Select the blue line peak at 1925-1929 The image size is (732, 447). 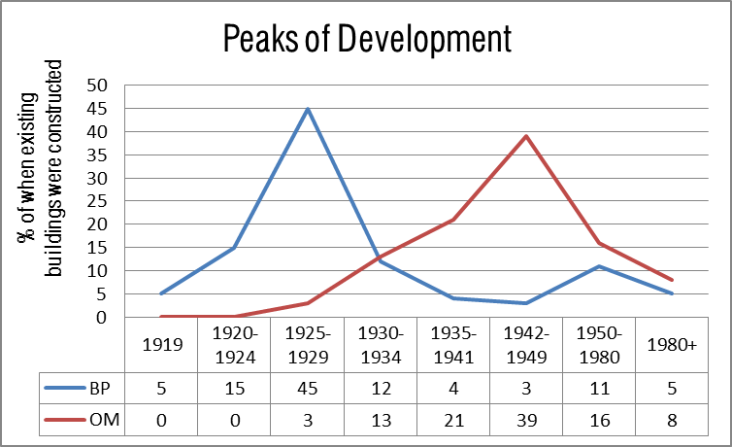[308, 108]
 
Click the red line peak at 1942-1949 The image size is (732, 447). [527, 136]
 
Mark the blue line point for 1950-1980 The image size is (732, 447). [600, 266]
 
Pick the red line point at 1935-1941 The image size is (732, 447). [454, 220]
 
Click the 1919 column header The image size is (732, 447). [161, 344]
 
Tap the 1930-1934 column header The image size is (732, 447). [381, 344]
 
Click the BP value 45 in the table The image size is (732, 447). [308, 390]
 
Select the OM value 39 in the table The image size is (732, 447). [527, 424]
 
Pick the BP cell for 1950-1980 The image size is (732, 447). [600, 390]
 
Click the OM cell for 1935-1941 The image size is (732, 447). [454, 424]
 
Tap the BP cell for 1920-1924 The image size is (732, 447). [235, 390]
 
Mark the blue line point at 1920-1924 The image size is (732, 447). [235, 248]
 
